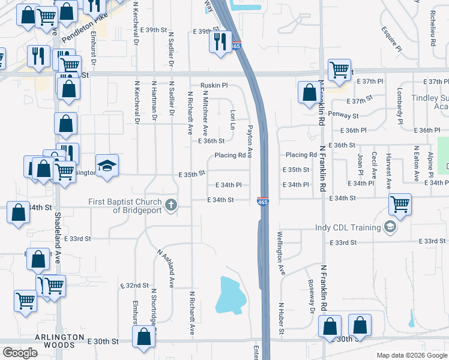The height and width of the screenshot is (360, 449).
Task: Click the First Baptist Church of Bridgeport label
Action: [125, 205]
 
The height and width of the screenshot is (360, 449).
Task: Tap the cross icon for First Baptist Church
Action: [171, 206]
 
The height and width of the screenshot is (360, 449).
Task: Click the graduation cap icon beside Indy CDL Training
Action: [391, 227]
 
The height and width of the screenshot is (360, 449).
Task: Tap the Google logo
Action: [20, 353]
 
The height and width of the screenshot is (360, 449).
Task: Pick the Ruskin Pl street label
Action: [214, 85]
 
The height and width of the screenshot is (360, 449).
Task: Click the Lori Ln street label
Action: [232, 119]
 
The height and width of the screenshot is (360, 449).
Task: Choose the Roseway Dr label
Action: [311, 296]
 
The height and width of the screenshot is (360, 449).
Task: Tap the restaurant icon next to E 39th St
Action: [220, 41]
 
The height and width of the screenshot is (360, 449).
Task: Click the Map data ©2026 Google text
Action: [411, 355]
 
